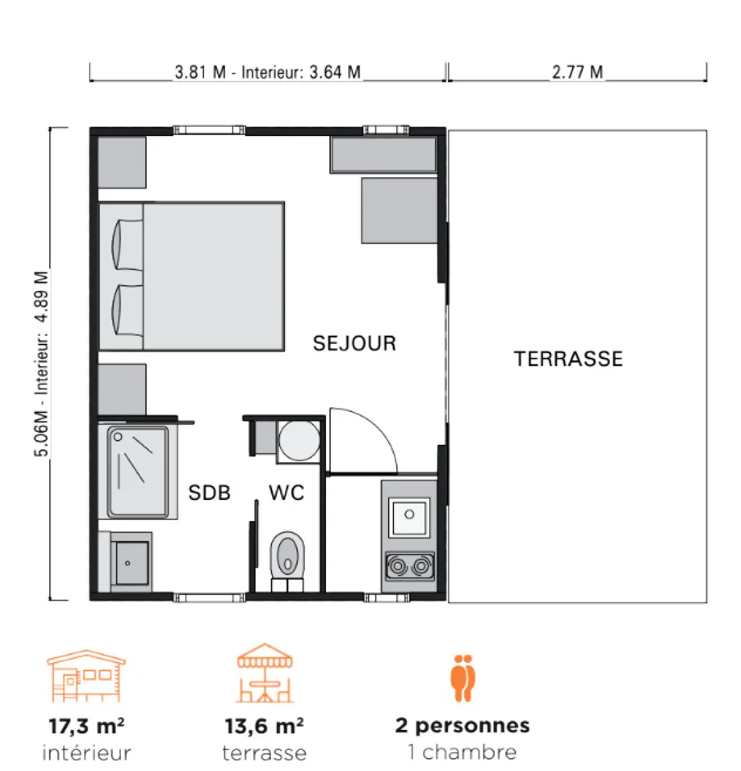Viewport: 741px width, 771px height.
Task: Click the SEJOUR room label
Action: point(354,343)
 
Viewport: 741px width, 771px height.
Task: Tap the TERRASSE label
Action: point(569,359)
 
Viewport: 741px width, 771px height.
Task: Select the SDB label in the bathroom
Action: point(210,493)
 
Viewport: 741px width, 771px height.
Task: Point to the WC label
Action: point(286,493)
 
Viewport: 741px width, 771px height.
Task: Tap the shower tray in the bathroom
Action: point(138,472)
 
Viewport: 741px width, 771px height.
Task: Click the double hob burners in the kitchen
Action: point(410,566)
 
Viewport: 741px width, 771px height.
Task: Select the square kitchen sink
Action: point(409,517)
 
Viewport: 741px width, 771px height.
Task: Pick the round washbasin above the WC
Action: point(299,441)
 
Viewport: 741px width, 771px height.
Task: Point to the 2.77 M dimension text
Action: point(577,72)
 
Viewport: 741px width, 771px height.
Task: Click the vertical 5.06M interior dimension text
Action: point(42,364)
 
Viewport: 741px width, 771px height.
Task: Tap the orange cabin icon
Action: point(86,676)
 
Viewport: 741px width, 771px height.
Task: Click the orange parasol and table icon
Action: point(265,673)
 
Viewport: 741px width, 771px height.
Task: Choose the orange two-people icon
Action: point(463,677)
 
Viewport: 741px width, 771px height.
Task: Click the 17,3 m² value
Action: point(86,726)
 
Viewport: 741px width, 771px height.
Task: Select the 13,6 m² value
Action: point(264,726)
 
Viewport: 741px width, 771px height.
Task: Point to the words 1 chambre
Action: point(462,752)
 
